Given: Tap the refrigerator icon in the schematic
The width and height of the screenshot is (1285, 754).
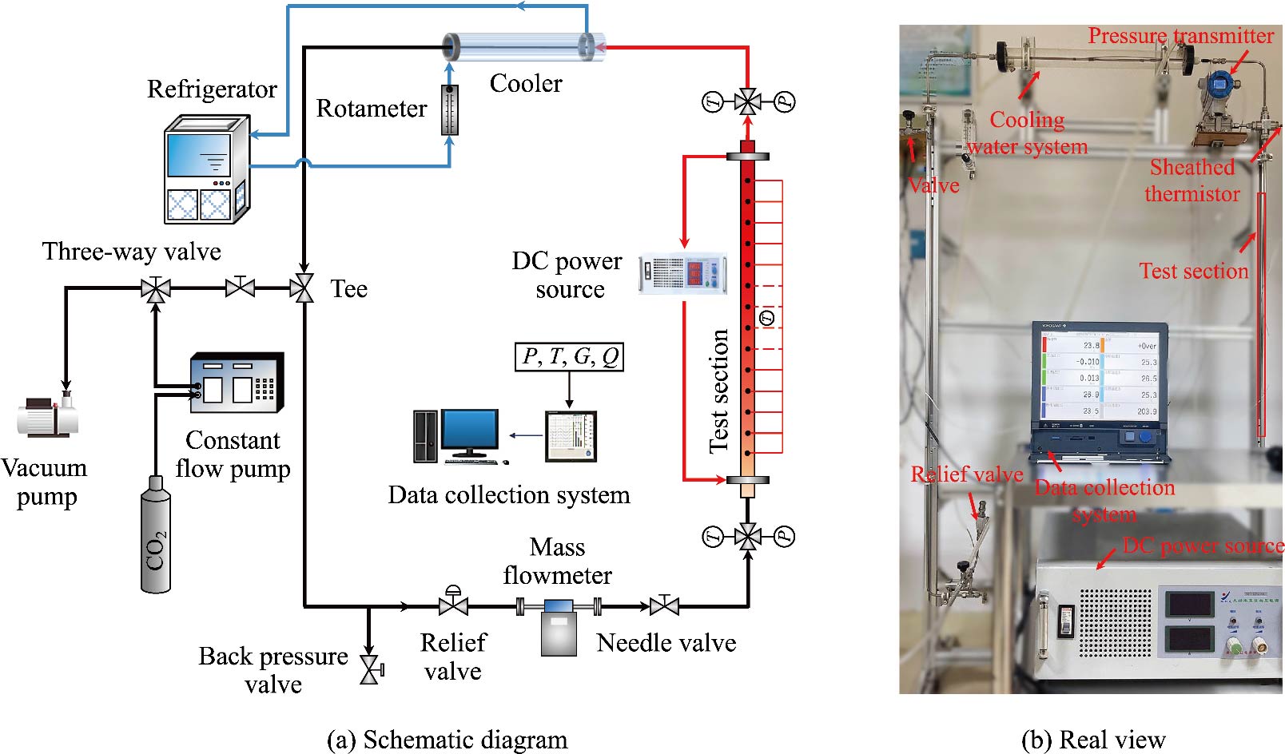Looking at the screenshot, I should [x=205, y=169].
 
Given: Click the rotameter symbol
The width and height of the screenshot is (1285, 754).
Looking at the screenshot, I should [x=450, y=109].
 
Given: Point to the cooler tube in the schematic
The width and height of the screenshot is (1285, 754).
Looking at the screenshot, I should [x=523, y=48].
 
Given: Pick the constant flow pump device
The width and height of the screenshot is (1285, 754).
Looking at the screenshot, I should [x=237, y=383].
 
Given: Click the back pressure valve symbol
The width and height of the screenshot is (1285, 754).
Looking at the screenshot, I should [x=370, y=669].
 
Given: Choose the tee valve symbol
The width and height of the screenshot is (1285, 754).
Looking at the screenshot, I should [x=303, y=288].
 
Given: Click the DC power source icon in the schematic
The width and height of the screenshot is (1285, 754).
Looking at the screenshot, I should [x=682, y=273].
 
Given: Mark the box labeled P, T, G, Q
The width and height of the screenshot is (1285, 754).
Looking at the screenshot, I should [x=569, y=357].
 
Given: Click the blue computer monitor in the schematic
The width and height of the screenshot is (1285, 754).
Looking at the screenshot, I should [x=469, y=433].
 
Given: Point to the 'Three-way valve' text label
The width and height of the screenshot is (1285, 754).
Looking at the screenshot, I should [x=132, y=252].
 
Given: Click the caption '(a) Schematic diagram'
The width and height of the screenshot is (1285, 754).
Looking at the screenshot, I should [x=448, y=740].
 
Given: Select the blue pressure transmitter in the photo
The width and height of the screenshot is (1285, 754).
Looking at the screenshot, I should [x=1219, y=84].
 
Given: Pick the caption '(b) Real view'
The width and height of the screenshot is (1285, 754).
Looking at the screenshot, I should [x=1093, y=740].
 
